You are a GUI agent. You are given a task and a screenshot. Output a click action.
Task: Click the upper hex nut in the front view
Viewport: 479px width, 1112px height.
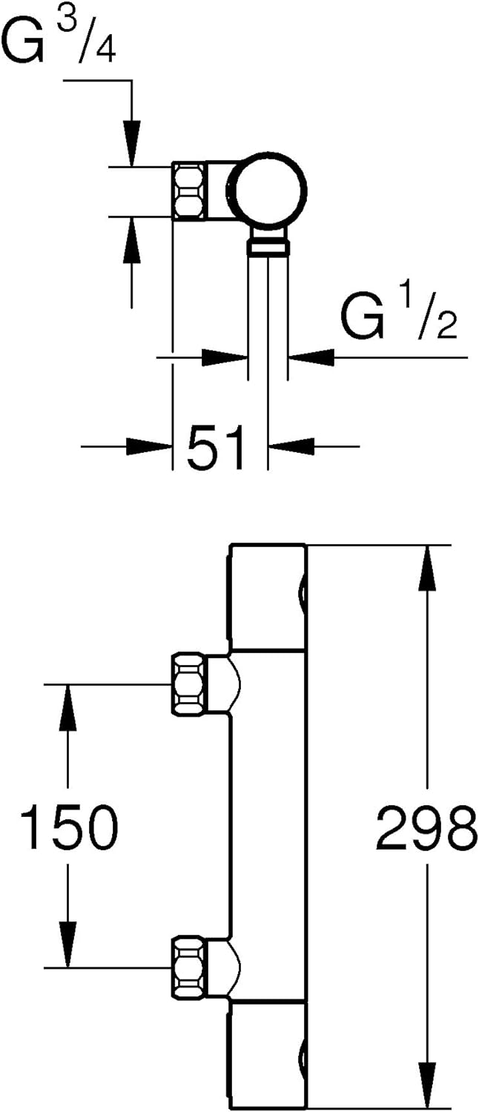(x=188, y=684)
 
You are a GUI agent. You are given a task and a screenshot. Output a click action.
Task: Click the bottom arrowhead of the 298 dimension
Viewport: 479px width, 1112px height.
(x=427, y=1086)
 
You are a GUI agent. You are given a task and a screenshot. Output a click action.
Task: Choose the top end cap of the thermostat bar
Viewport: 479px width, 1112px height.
(x=267, y=597)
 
